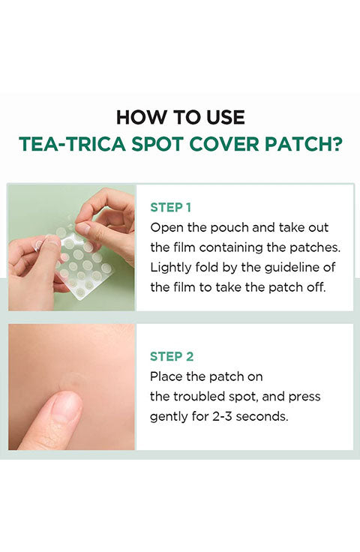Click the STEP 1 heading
coord(171,208)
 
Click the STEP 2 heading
coord(172,356)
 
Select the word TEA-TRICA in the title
coord(72,144)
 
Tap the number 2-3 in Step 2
coord(223,417)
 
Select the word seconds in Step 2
coord(262,417)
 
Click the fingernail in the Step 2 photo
coord(66,407)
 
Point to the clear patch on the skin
coord(72,382)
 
